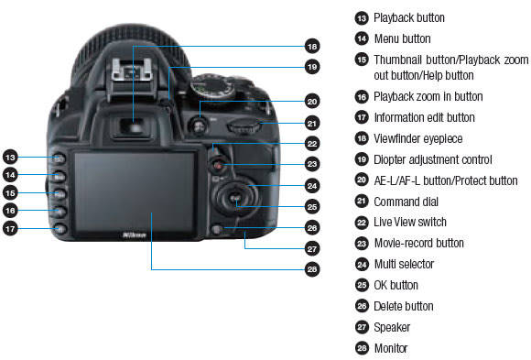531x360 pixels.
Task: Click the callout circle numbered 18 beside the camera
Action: pos(312,46)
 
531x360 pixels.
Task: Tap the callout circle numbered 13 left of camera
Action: pos(10,158)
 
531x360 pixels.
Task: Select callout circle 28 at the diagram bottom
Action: pos(312,269)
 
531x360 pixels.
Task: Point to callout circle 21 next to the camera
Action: pos(312,123)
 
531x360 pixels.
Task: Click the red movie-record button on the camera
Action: pos(219,166)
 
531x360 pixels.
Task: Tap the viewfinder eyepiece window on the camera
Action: pos(135,126)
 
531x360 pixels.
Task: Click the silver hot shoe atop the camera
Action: pos(132,71)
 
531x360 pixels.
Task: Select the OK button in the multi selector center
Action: pos(235,197)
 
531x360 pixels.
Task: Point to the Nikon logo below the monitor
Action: pos(135,235)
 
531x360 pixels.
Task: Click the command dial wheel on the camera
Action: pos(244,126)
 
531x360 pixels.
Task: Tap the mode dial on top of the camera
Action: pos(212,86)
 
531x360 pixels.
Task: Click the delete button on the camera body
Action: pos(216,230)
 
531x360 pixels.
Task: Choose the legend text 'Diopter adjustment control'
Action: pos(433,159)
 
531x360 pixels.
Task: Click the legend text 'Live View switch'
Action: pos(410,222)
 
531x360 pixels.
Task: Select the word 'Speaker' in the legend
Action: pos(392,327)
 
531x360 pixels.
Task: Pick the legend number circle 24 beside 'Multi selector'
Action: pos(362,264)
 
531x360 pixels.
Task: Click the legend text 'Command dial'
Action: pos(406,202)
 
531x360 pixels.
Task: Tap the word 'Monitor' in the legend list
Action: pos(391,348)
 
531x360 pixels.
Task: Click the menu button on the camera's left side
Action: pos(59,177)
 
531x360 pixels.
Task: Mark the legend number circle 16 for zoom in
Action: pos(362,97)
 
